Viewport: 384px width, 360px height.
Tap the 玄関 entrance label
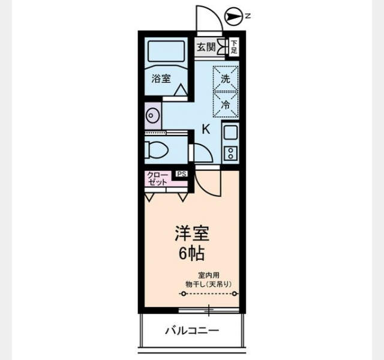[x=206, y=47]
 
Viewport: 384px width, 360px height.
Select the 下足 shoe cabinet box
[x=234, y=47]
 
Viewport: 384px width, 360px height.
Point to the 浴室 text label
[x=161, y=79]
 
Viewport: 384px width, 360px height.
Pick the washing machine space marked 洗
[x=226, y=79]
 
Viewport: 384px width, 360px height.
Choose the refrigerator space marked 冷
[x=226, y=104]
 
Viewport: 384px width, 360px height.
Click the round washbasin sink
[x=152, y=115]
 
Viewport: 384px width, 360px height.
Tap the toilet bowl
[x=156, y=149]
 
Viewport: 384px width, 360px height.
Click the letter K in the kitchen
[x=206, y=129]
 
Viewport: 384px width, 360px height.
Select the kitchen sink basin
[x=230, y=133]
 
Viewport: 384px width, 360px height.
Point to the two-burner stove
[x=230, y=154]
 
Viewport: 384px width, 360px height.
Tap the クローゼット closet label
[x=158, y=179]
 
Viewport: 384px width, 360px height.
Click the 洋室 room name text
[x=192, y=233]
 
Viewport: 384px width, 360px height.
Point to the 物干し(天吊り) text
[x=208, y=284]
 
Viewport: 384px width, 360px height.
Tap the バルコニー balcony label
[x=192, y=331]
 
